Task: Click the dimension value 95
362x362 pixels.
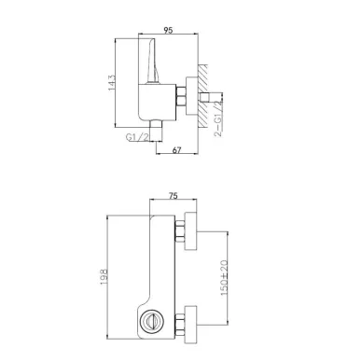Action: click(x=168, y=30)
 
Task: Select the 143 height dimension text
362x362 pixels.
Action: click(x=112, y=83)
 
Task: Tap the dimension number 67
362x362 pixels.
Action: click(x=176, y=150)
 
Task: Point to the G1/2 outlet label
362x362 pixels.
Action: click(x=137, y=137)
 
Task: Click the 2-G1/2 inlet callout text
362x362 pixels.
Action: click(x=219, y=114)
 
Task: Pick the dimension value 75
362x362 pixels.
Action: click(x=174, y=196)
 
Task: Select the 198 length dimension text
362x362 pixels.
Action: click(x=104, y=276)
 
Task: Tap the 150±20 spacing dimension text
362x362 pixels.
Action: click(x=224, y=278)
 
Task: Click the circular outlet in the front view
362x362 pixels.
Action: click(x=152, y=321)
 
